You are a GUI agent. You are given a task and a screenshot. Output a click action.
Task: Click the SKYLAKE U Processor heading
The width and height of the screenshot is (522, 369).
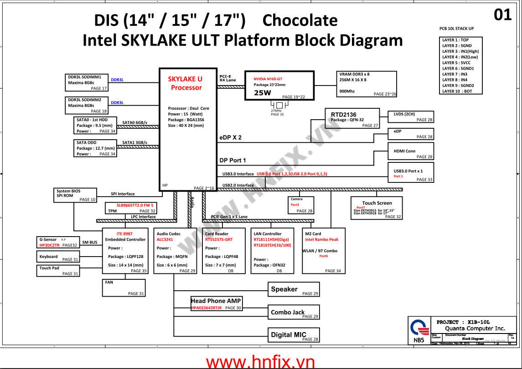pyautogui.click(x=185, y=83)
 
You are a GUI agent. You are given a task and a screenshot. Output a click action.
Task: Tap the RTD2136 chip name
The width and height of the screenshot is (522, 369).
pyautogui.click(x=344, y=115)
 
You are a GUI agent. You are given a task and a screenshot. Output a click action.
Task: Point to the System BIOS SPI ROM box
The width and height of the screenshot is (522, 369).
pyautogui.click(x=75, y=195)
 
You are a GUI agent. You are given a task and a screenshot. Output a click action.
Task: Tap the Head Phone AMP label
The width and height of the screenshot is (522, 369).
pyautogui.click(x=216, y=301)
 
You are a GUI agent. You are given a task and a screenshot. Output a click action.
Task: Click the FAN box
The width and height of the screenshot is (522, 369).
pyautogui.click(x=124, y=288)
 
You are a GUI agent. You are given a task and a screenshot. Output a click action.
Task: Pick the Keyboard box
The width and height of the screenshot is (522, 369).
pyautogui.click(x=58, y=257)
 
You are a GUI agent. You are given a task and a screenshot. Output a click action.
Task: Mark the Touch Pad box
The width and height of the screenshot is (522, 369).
pyautogui.click(x=58, y=271)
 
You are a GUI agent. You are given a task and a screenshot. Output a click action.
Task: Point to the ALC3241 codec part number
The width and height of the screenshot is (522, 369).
pyautogui.click(x=165, y=239)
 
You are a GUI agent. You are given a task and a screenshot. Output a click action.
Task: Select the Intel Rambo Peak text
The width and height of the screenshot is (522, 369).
pyautogui.click(x=321, y=239)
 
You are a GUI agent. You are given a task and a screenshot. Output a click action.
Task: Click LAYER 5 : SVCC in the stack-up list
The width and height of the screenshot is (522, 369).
pyautogui.click(x=456, y=63)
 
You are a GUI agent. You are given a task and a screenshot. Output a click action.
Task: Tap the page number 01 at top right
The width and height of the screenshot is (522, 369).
pyautogui.click(x=503, y=15)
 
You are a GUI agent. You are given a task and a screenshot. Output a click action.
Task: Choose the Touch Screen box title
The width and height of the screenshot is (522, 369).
pyautogui.click(x=377, y=203)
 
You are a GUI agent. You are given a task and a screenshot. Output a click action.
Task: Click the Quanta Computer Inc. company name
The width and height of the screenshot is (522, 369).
pyautogui.click(x=475, y=328)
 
